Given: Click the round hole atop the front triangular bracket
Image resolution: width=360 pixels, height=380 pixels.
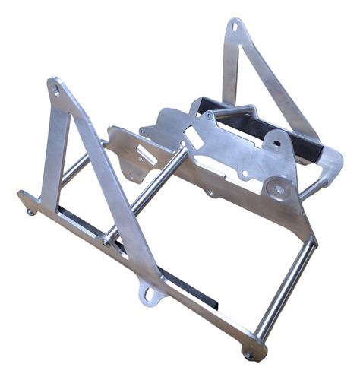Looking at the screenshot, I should (x=55, y=90).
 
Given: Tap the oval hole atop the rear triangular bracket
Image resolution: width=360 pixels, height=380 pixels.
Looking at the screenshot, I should (x=233, y=29).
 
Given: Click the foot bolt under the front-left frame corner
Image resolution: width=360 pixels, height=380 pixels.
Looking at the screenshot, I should (x=30, y=211).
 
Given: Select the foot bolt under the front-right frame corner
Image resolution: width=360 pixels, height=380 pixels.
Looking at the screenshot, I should (x=248, y=354).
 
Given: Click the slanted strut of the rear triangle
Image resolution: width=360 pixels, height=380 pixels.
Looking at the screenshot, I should (x=273, y=84).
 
